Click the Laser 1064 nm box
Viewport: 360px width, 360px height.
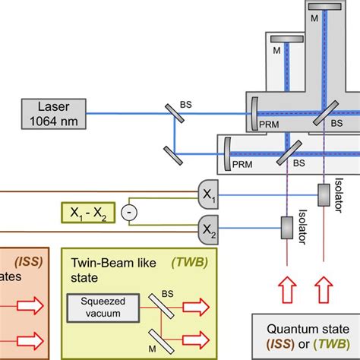(x=53, y=113)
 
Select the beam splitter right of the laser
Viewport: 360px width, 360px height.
(x=175, y=112)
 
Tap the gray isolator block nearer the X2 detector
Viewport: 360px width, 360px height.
(x=286, y=226)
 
